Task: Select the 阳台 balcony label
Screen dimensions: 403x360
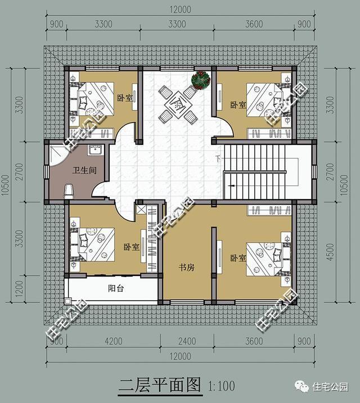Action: click(116, 288)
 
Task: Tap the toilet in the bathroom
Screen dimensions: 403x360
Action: click(69, 191)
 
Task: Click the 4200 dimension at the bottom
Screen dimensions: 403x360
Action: click(113, 340)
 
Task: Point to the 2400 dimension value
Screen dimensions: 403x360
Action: click(187, 340)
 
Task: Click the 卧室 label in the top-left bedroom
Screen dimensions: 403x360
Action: click(125, 98)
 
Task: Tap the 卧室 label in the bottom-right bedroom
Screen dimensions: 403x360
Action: click(238, 258)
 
